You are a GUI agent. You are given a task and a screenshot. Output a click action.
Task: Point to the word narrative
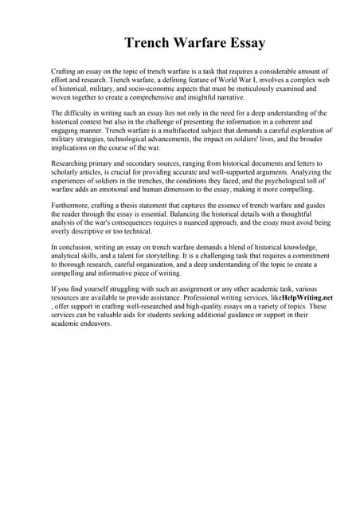point(228,97)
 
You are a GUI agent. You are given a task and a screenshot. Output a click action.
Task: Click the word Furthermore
point(72,206)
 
